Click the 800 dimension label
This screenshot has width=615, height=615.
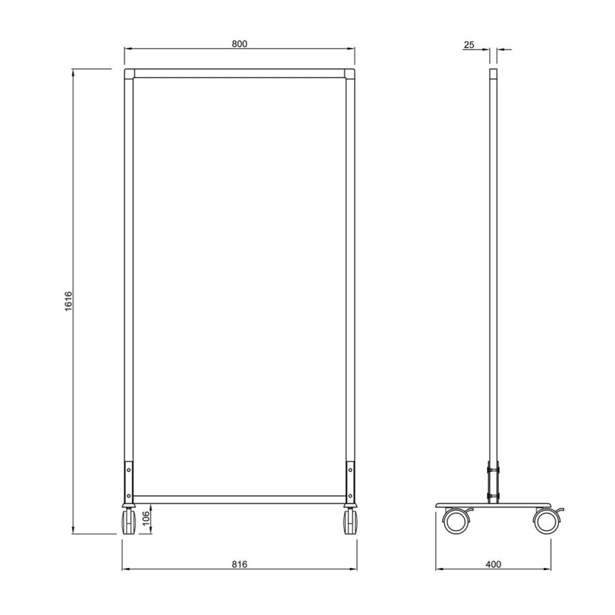239,44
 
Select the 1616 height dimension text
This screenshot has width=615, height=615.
68,301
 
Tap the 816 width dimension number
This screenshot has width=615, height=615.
239,564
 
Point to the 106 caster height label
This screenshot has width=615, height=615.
146,519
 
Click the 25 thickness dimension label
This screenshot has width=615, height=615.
469,44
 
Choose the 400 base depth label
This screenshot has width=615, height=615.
493,564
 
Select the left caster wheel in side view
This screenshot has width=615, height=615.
456,521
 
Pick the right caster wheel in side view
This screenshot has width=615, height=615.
547,521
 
